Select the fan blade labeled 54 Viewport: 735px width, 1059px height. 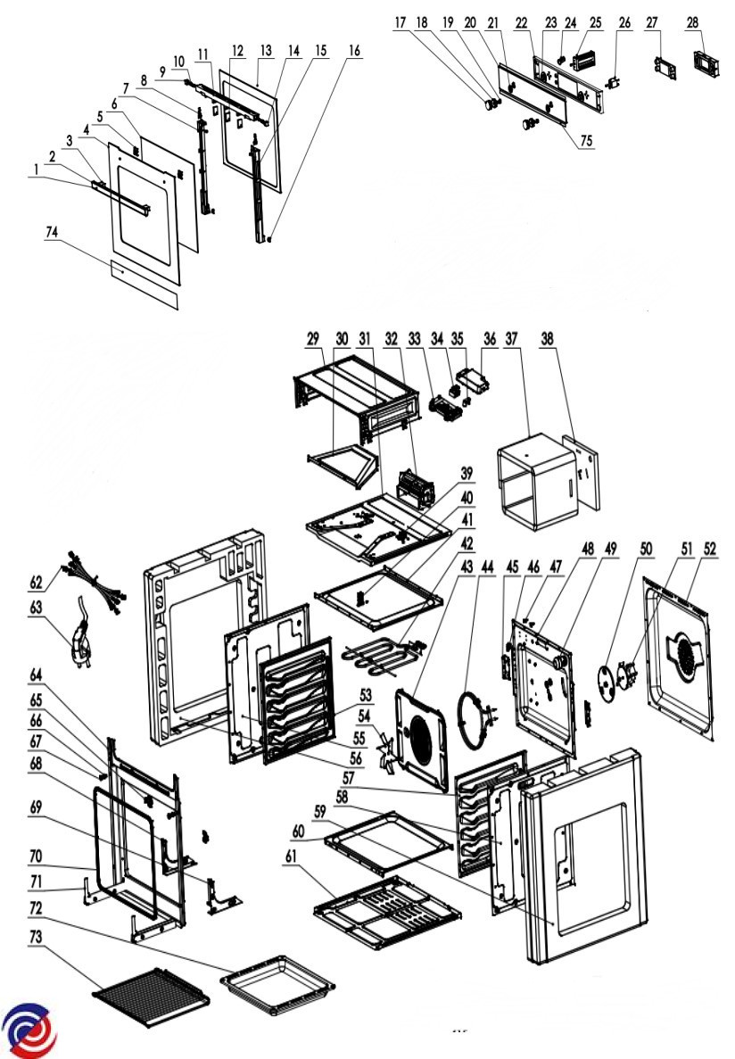(x=388, y=750)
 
